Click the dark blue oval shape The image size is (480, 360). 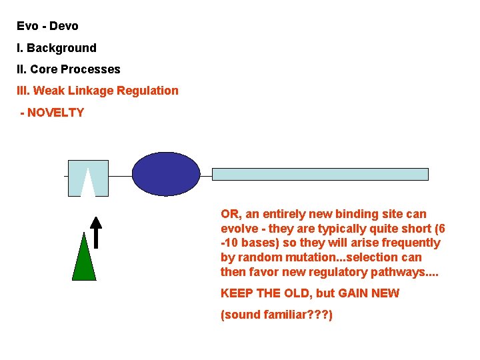[x=166, y=174]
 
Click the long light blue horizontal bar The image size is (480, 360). [x=320, y=174]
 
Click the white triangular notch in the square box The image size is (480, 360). [x=88, y=185]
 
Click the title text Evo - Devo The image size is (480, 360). [x=47, y=26]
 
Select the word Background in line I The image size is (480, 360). [x=61, y=48]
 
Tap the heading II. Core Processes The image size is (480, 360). [x=69, y=69]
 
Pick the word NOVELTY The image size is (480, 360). [x=55, y=113]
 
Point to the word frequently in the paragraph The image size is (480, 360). [x=408, y=243]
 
